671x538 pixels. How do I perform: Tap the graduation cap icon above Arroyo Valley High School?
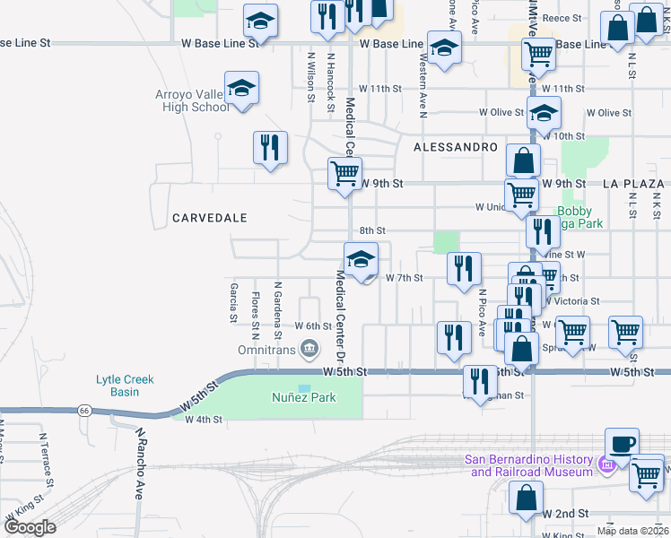(241, 89)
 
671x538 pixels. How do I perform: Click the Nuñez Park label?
(305, 396)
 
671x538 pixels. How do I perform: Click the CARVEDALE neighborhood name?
(209, 218)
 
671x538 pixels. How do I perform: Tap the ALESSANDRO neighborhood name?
(456, 146)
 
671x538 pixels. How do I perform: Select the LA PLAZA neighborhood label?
(636, 183)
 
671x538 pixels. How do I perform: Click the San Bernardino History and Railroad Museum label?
(528, 466)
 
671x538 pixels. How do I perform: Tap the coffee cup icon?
(622, 443)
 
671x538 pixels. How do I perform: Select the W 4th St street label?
(203, 419)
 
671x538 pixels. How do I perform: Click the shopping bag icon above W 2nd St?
(525, 497)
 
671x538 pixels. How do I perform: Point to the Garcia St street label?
(233, 302)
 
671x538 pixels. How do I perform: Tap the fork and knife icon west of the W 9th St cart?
(270, 147)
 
